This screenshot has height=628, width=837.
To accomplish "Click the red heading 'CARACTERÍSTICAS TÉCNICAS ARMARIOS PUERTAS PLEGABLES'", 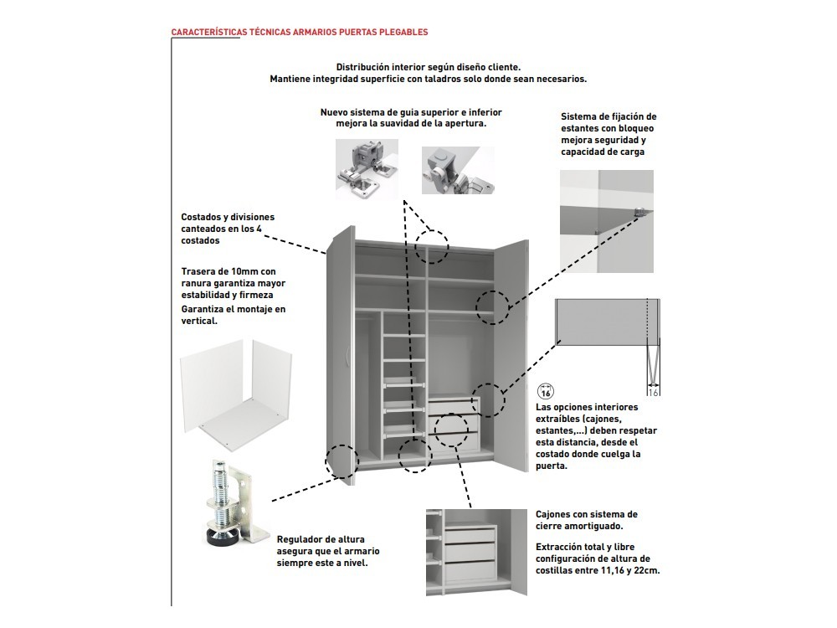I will (299, 32).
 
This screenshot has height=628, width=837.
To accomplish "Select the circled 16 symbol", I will (545, 391).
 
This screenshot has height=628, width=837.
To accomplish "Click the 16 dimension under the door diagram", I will (653, 390).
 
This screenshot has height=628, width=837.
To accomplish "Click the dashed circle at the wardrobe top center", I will (433, 245).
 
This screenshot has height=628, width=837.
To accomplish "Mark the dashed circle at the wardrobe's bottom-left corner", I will (342, 461).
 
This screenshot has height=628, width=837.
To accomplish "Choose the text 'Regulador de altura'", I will (320, 540).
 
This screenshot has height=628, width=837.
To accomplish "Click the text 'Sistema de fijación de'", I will (608, 116).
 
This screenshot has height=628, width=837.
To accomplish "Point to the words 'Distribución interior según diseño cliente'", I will (428, 66).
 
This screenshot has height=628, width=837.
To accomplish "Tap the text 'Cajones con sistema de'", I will (586, 514).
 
